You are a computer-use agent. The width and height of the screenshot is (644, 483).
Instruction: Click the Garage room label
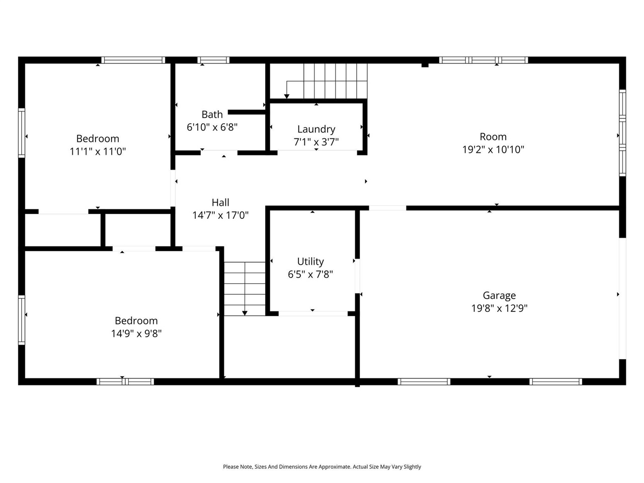(499, 295)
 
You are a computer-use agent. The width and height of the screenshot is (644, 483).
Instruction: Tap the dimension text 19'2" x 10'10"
(493, 149)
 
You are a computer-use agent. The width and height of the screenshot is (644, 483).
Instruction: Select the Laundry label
(316, 129)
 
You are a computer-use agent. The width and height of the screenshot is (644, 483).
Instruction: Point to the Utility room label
(310, 261)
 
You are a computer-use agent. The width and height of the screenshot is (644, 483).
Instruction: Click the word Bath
(212, 115)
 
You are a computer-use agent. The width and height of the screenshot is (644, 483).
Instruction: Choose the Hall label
(220, 202)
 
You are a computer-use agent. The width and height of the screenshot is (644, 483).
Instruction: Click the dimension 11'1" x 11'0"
(98, 151)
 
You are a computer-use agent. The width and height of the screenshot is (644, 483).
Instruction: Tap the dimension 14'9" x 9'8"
(136, 334)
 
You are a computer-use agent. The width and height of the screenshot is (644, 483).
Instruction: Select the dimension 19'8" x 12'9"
(499, 308)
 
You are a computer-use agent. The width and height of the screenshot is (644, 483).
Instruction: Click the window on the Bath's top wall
(213, 60)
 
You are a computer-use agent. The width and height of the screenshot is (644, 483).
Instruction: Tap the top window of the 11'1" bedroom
(133, 60)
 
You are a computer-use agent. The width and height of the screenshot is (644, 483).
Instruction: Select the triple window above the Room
(484, 60)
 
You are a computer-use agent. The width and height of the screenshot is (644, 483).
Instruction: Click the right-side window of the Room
(622, 133)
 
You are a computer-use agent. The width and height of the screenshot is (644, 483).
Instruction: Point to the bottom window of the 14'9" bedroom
(125, 381)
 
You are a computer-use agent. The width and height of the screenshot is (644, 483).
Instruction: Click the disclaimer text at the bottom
(322, 467)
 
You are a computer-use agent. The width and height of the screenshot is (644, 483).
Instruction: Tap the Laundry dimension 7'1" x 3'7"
(316, 142)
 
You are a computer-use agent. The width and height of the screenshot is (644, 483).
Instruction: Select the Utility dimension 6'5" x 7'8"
(310, 274)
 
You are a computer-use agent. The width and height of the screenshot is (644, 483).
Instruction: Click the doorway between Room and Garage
(387, 208)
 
